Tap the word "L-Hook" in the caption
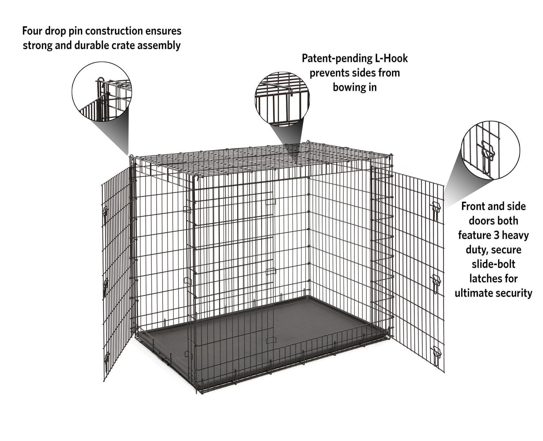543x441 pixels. pyautogui.click(x=390, y=59)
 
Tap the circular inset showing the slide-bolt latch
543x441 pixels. pyautogui.click(x=491, y=150)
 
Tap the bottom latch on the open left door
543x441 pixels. pyautogui.click(x=106, y=358)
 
